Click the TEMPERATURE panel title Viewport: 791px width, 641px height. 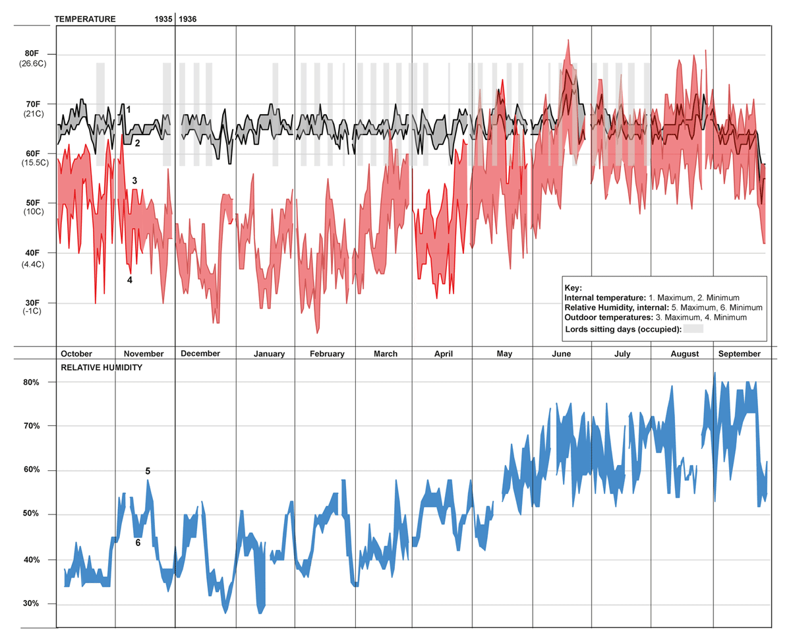point(84,19)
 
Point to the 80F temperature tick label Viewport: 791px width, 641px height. point(32,54)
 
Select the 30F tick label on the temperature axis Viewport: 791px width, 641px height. point(32,303)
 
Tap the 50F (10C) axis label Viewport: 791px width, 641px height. point(32,207)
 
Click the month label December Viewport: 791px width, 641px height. point(200,353)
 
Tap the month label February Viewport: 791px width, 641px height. point(327,354)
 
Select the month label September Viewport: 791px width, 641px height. point(738,354)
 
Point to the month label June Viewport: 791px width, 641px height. point(561,354)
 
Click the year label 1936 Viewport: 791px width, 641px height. point(188,19)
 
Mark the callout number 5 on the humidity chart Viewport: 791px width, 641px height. point(148,471)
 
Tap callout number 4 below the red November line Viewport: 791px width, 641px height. point(130,280)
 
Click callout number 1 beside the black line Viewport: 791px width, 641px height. point(129,109)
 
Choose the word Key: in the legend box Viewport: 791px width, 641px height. point(575,288)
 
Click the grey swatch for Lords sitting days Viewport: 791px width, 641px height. point(693,328)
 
